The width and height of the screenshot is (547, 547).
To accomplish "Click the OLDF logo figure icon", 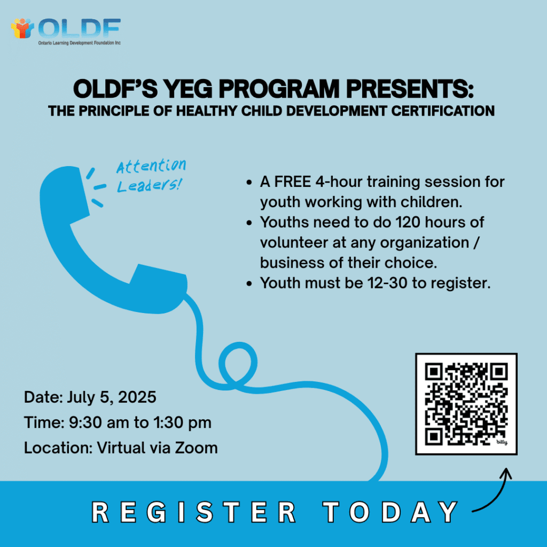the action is [22, 28].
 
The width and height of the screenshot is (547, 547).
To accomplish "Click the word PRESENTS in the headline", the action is [410, 89].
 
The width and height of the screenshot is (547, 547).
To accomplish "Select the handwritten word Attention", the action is [151, 166].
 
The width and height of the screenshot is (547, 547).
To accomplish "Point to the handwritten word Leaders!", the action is [149, 185].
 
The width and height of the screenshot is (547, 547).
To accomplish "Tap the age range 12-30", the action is [387, 283].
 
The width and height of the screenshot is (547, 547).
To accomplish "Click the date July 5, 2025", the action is [111, 397].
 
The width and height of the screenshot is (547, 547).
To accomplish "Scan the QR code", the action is [466, 404].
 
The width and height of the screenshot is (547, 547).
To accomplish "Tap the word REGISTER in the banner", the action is [194, 512].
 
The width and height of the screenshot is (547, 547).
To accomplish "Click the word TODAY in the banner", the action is [390, 512].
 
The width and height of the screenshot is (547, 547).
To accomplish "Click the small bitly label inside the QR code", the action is [502, 442].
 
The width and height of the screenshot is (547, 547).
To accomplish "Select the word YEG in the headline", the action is [188, 89].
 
